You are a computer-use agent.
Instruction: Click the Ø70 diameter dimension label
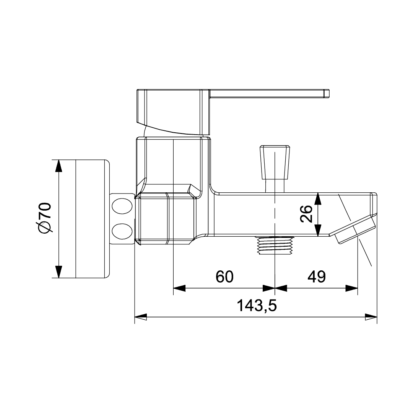click(x=44, y=218)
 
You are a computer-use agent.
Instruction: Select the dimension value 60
click(x=224, y=276)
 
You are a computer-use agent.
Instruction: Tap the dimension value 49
click(x=317, y=276)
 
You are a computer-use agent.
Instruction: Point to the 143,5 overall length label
click(x=257, y=306)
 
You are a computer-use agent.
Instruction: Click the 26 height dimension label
click(x=306, y=214)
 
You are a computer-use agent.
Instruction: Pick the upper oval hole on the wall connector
click(x=122, y=206)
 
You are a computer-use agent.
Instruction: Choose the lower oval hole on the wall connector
click(x=122, y=231)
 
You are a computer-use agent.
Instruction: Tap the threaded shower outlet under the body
click(x=275, y=246)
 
